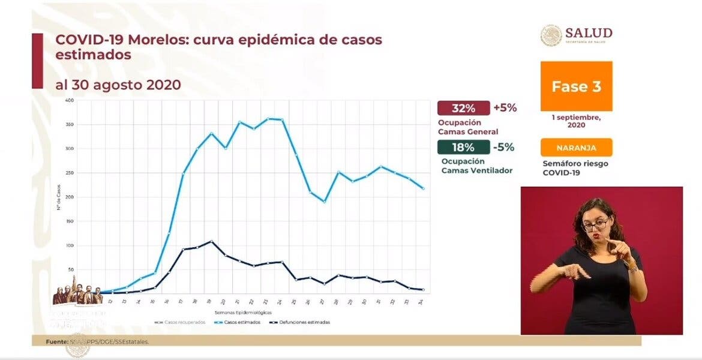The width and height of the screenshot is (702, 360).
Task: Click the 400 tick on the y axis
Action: (x=70, y=100)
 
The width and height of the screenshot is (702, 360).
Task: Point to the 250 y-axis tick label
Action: (x=70, y=173)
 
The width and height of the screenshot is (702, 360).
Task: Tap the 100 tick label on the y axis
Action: (x=70, y=245)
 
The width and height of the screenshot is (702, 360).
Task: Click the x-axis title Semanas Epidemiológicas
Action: (x=242, y=313)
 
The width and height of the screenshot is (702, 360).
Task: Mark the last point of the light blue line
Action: (x=423, y=188)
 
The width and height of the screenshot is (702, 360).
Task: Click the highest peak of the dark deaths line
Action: (x=211, y=241)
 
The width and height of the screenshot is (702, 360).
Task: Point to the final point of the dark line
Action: (x=423, y=290)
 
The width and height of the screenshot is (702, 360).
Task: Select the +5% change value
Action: (x=505, y=109)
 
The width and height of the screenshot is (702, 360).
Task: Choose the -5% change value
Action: (x=503, y=148)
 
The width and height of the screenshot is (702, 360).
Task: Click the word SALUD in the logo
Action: (x=588, y=32)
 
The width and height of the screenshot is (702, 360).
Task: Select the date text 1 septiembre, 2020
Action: (x=576, y=121)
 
